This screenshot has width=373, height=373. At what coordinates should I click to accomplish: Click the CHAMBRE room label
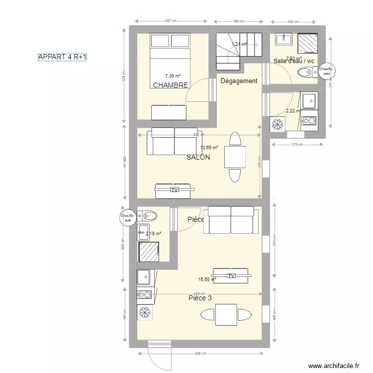[x=171, y=85]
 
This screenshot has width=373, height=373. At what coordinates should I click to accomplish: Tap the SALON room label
[x=198, y=157]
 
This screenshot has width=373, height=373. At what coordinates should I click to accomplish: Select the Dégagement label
[x=239, y=81]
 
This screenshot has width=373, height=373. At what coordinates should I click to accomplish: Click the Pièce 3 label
[x=200, y=298]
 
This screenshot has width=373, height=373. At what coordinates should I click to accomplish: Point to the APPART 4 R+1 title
[x=63, y=58]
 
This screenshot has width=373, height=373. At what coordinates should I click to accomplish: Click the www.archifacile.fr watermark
[x=333, y=366]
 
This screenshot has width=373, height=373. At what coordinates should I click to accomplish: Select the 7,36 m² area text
[x=173, y=76]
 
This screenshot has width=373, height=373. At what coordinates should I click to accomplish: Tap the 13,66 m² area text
[x=209, y=148]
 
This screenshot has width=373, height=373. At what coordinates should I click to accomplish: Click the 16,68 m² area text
[x=207, y=280]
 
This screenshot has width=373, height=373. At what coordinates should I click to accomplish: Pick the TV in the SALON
[x=174, y=189]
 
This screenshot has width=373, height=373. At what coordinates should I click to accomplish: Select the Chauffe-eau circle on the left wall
[x=128, y=217]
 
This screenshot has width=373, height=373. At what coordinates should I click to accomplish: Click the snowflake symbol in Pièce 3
[x=146, y=312]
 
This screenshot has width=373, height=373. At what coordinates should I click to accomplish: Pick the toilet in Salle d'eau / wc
[x=305, y=74]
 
